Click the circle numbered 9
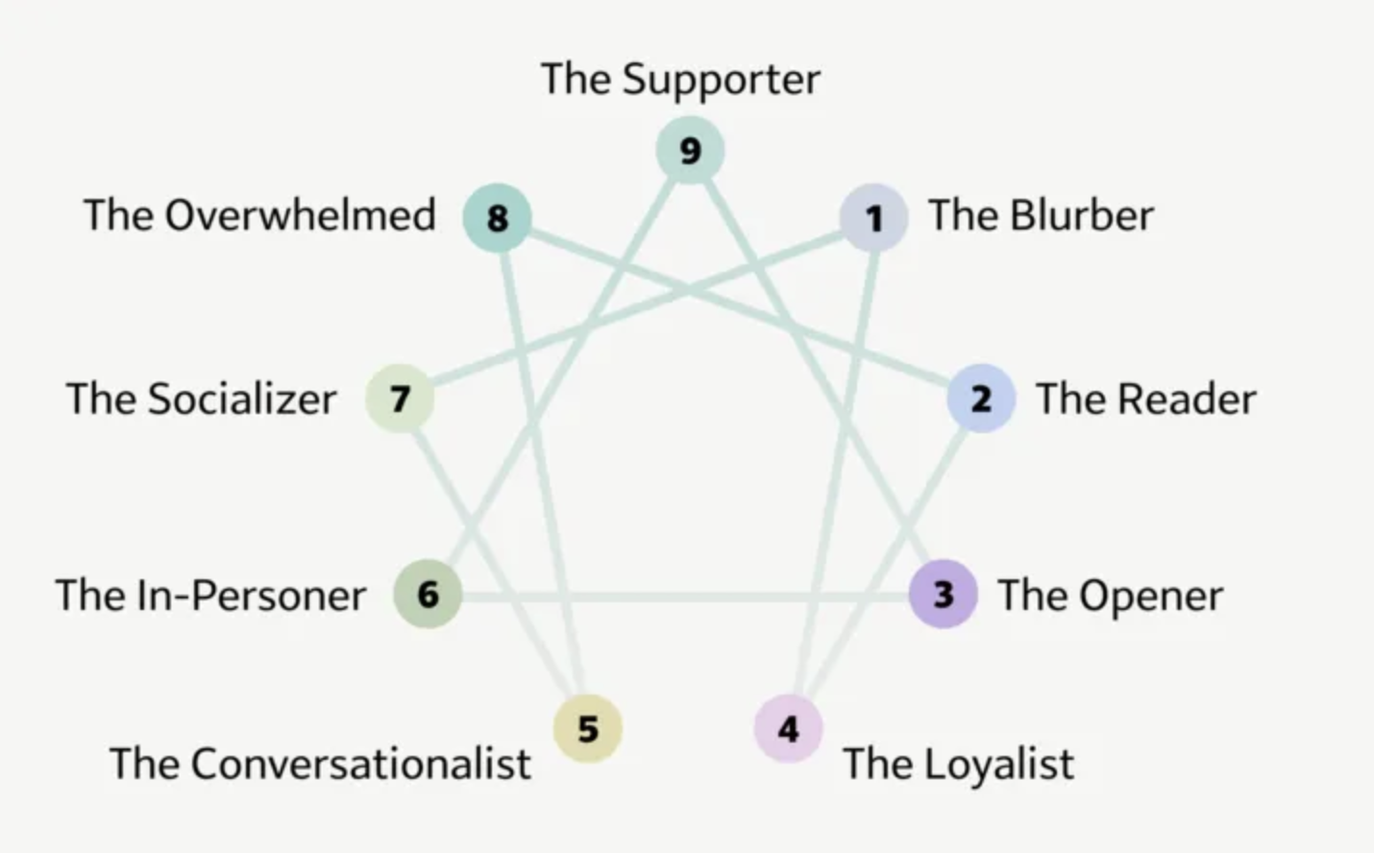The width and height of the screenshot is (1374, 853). [690, 150]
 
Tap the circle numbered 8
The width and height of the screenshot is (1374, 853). [497, 218]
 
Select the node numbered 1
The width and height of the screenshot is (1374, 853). [873, 218]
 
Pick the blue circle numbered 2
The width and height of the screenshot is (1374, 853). [981, 398]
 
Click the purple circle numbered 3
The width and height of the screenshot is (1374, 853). [944, 594]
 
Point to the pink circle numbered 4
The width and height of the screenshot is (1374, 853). [788, 729]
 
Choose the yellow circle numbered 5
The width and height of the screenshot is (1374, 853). [588, 729]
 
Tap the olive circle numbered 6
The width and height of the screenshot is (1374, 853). [428, 594]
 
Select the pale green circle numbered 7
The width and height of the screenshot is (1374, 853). [400, 398]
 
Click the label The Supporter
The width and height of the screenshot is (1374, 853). [680, 79]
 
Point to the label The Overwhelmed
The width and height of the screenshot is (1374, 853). [259, 215]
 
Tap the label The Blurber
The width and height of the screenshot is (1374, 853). [1041, 215]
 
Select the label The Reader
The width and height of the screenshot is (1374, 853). [1145, 399]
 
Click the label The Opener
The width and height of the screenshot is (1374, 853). [1110, 596]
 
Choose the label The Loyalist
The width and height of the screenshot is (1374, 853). [958, 765]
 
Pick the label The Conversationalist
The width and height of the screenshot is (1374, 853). [320, 765]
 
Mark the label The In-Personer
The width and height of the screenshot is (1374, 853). [210, 596]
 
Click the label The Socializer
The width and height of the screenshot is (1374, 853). [202, 399]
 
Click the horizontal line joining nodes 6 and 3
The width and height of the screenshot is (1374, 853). [673, 597]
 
